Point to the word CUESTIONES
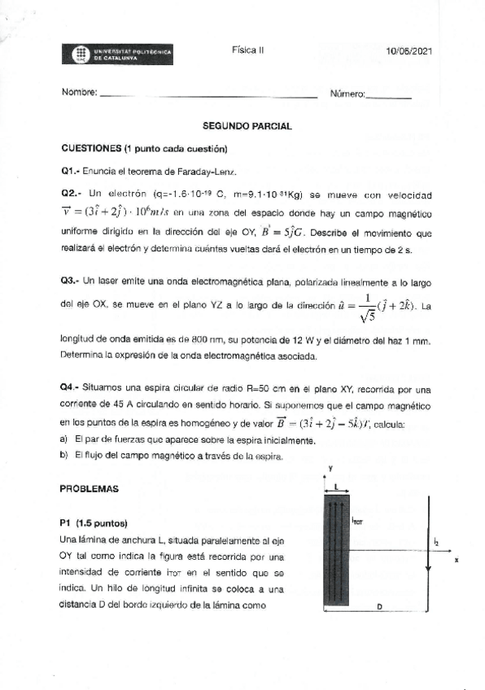(x=90, y=149)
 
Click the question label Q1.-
(x=72, y=172)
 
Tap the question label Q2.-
(x=72, y=194)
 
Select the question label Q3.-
(x=72, y=280)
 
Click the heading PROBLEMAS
(x=90, y=489)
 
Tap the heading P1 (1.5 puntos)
(x=94, y=522)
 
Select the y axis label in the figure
(x=331, y=468)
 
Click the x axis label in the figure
(x=457, y=561)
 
